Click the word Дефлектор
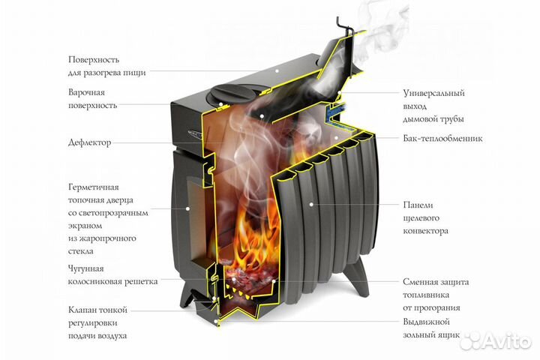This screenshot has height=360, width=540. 91,141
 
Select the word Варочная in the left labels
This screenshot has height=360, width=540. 85,92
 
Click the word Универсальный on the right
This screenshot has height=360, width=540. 433,93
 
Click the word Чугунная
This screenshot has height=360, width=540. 85,268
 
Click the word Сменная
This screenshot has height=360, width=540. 421,283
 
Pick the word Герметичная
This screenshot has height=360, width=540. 94,187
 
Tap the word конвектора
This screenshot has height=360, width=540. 426,231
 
